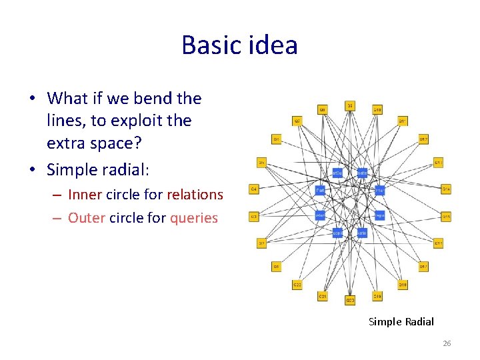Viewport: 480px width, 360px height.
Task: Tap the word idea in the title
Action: [271, 45]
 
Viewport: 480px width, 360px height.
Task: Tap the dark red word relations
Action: [195, 195]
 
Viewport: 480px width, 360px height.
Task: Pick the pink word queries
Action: [194, 218]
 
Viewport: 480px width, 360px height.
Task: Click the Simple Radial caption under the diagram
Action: [401, 322]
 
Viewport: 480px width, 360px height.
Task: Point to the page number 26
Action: [447, 343]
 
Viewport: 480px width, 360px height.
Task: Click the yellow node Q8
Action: [323, 109]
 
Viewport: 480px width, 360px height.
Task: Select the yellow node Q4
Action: [253, 190]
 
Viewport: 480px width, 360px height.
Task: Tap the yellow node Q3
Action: [253, 216]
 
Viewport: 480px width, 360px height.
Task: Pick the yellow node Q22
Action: [297, 285]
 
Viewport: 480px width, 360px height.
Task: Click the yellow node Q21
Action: [323, 295]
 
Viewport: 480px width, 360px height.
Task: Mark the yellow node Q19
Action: [377, 295]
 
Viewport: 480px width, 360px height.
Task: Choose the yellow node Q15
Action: [447, 216]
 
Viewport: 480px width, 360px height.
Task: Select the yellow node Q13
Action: [439, 163]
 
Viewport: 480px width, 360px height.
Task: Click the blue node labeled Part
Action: [320, 190]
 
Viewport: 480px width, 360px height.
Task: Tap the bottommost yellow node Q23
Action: [350, 301]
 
